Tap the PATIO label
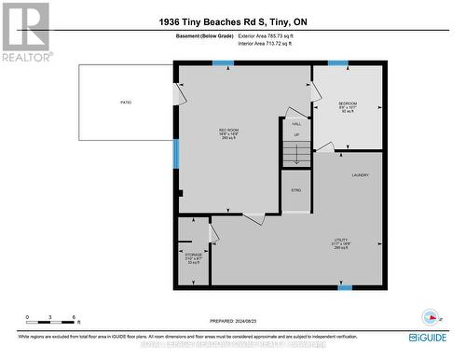125,102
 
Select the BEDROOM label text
347,103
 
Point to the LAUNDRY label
361,175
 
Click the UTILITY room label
341,240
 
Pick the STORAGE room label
193,254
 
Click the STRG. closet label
295,190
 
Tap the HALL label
296,124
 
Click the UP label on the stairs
296,135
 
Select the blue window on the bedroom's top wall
337,63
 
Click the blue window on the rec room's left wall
174,154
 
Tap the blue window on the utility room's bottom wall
345,287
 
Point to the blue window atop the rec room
223,63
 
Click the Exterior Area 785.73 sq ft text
267,35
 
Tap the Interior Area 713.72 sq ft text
267,43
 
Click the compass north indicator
430,314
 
